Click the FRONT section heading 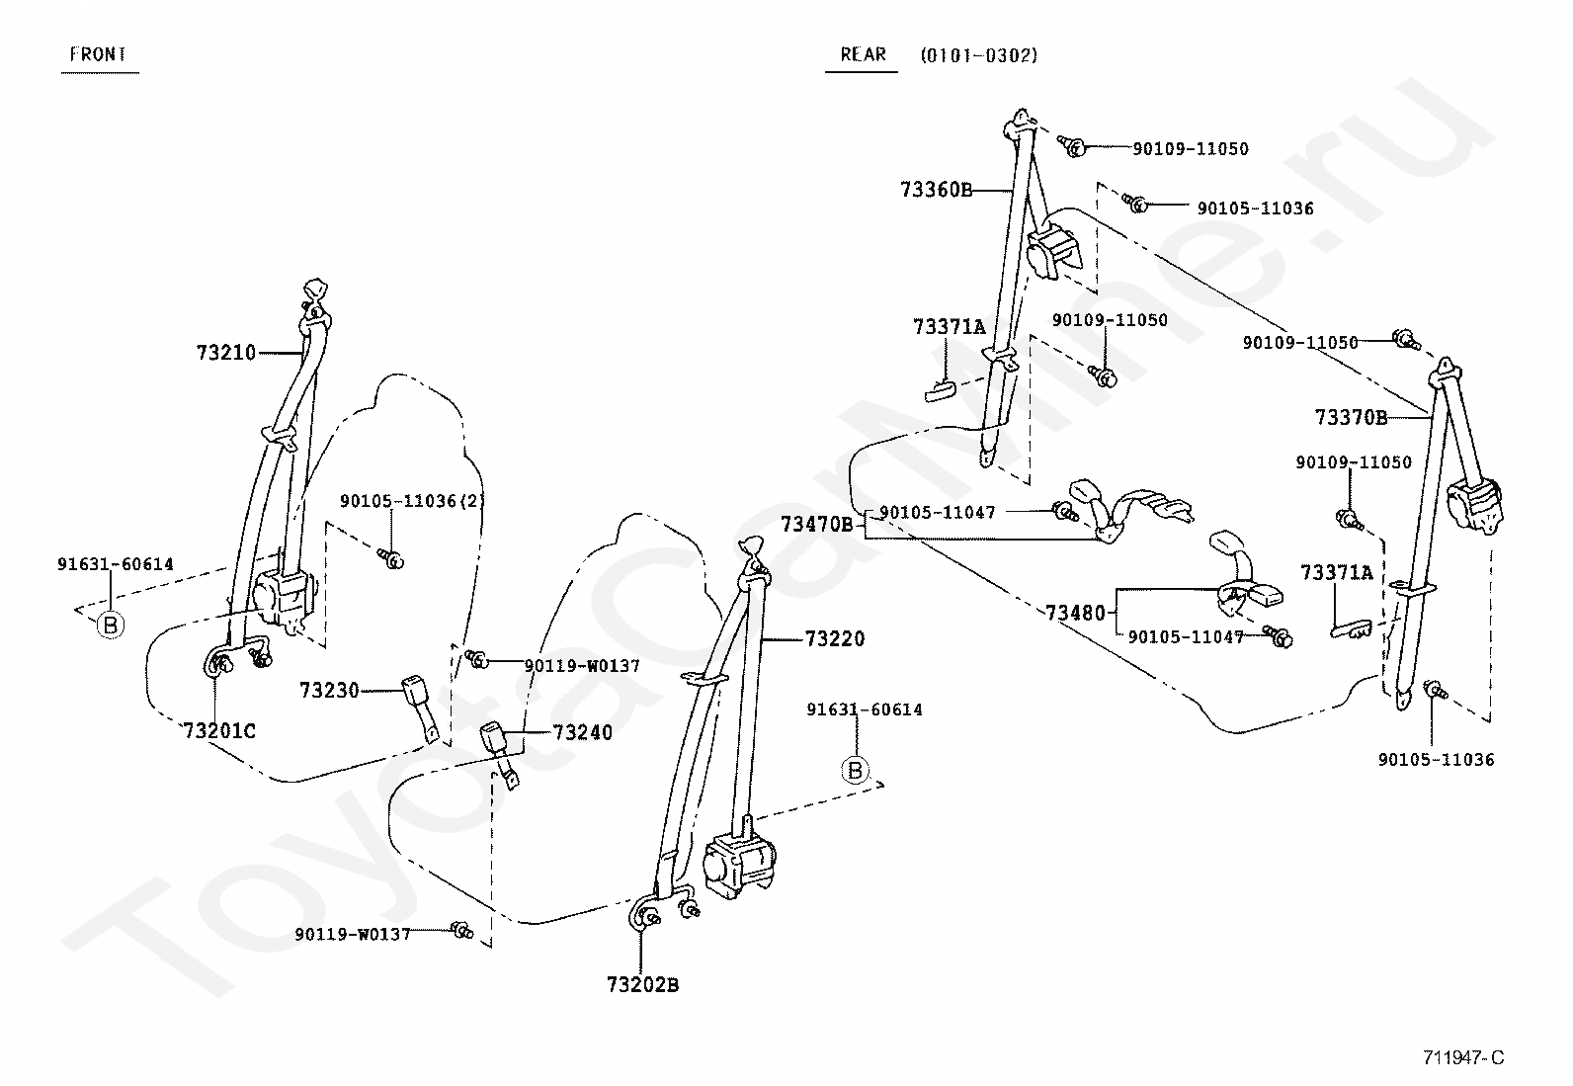click(x=99, y=54)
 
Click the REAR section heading click(x=863, y=54)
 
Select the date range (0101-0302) click(x=979, y=55)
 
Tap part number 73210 click(x=226, y=353)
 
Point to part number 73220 click(x=834, y=638)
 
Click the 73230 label click(x=329, y=691)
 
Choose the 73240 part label click(x=583, y=732)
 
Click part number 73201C click(x=219, y=731)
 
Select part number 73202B click(x=643, y=985)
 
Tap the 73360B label click(x=937, y=190)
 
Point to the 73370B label click(x=1351, y=418)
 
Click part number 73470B click(x=817, y=524)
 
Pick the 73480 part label click(x=1075, y=614)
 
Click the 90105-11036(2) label click(x=413, y=501)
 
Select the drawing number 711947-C click(x=1463, y=1058)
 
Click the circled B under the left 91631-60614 click(x=111, y=625)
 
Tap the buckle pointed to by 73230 click(x=421, y=708)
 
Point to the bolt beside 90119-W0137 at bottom click(x=462, y=931)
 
